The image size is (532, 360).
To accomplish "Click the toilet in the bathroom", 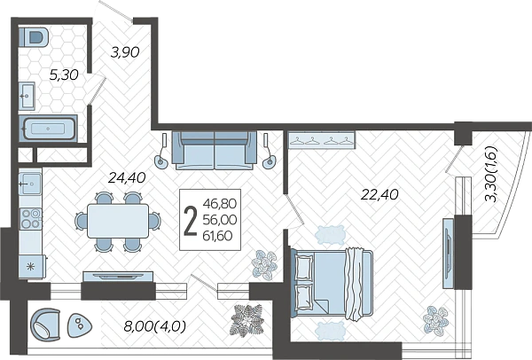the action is [34, 37].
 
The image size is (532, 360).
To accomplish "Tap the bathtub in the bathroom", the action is [48, 129].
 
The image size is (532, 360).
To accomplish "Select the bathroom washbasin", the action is [27, 96].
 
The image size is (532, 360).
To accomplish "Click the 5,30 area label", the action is [64, 74].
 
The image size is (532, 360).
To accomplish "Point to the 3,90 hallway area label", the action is [125, 52].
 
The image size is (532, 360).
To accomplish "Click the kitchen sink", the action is [30, 184].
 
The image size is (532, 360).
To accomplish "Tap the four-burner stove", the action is [31, 218].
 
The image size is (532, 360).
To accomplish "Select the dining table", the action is [118, 221].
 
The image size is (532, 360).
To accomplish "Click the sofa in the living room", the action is [215, 151].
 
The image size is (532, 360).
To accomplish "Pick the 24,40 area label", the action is [127, 177].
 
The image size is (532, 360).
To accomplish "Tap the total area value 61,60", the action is [218, 235].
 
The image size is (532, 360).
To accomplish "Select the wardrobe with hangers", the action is [321, 140].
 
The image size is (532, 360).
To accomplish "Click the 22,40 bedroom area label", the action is [379, 194].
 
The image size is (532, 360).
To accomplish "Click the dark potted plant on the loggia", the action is [247, 320].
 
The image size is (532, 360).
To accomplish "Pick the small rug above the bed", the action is [330, 235].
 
